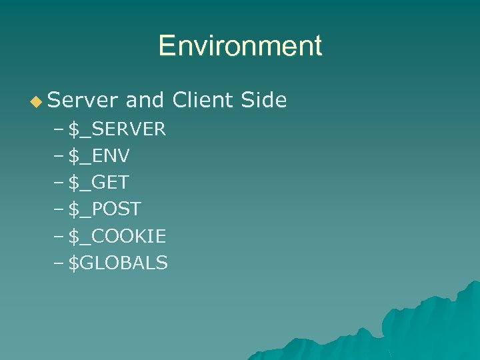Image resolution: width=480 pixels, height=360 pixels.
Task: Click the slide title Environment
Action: [x=240, y=46]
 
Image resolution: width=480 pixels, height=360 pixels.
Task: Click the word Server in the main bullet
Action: [x=82, y=100]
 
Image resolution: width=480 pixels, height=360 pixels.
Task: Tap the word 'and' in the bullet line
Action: [x=145, y=100]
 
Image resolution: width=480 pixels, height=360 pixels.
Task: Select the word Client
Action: [x=201, y=100]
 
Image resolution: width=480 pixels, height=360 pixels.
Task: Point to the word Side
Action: [x=262, y=100]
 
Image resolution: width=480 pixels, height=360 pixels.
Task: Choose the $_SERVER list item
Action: [x=117, y=129]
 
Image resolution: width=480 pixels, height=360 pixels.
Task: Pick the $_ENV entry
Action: [x=99, y=156]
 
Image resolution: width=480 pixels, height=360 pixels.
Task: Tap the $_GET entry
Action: [x=98, y=183]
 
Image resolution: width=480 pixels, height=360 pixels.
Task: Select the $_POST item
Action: [x=105, y=209]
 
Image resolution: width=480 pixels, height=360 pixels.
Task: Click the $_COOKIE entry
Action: [x=117, y=236]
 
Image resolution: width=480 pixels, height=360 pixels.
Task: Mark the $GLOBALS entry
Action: [x=118, y=263]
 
